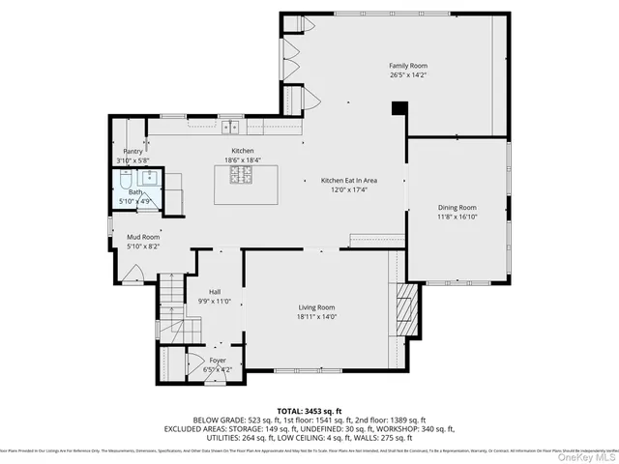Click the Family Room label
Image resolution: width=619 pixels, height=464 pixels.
(408, 66)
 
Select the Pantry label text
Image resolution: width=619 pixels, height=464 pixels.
(133, 151)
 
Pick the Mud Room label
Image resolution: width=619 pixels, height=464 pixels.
(143, 237)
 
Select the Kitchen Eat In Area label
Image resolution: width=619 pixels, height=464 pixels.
(348, 181)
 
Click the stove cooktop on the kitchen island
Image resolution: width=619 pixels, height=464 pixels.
(240, 175)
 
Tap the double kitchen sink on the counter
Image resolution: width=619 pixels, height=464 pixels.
(230, 126)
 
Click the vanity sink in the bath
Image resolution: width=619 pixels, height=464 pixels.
(151, 177)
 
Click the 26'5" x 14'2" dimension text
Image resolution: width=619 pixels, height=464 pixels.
(408, 74)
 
